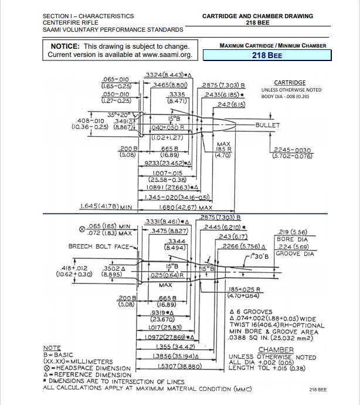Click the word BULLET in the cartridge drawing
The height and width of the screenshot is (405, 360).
(269, 126)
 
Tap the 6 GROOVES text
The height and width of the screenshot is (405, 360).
(255, 311)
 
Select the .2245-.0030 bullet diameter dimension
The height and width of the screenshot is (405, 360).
(291, 150)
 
